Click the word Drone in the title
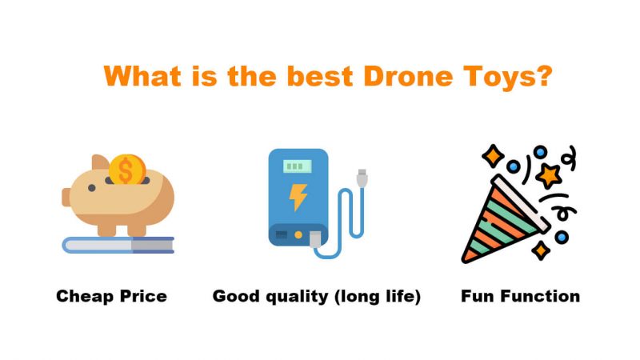pyautogui.click(x=408, y=76)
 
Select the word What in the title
pyautogui.click(x=142, y=76)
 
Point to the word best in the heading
pyautogui.click(x=320, y=76)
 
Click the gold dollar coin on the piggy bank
pyautogui.click(x=127, y=170)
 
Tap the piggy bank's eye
pyautogui.click(x=92, y=188)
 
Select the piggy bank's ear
pyautogui.click(x=100, y=162)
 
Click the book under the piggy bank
pyautogui.click(x=118, y=245)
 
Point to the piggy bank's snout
pyautogui.click(x=66, y=197)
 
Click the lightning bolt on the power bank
pyautogui.click(x=298, y=197)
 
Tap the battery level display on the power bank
pyautogui.click(x=297, y=166)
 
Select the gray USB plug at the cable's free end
pyautogui.click(x=362, y=178)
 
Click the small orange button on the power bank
pyautogui.click(x=298, y=234)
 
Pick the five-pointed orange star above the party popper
pyautogui.click(x=549, y=176)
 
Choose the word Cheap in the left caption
pyautogui.click(x=81, y=296)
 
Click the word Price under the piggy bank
pyautogui.click(x=138, y=296)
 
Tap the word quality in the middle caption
pyautogui.click(x=297, y=297)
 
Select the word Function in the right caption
pyautogui.click(x=541, y=296)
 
